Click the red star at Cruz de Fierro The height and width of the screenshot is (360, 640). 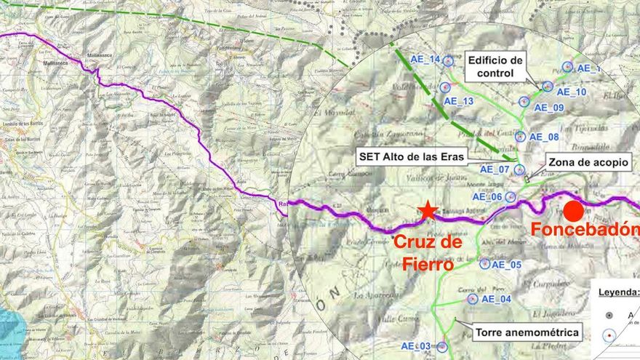click(x=428, y=211)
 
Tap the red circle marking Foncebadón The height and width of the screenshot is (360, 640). click(x=573, y=212)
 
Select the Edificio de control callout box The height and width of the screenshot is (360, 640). click(x=496, y=67)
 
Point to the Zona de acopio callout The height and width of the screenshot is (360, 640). click(x=589, y=162)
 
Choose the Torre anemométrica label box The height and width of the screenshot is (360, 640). click(x=527, y=333)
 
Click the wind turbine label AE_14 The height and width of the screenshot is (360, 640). click(x=425, y=60)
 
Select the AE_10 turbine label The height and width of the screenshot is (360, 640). click(x=572, y=92)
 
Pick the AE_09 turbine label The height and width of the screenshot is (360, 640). click(x=549, y=108)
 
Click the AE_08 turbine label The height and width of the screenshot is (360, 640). click(x=544, y=137)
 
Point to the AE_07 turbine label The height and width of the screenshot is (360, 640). click(x=495, y=169)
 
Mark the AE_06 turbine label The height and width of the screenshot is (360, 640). click(x=487, y=196)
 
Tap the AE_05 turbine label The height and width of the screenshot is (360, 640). click(x=507, y=265)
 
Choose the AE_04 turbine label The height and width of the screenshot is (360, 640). click(x=497, y=299)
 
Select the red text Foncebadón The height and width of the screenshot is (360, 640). click(x=585, y=231)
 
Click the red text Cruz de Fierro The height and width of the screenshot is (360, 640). click(x=428, y=252)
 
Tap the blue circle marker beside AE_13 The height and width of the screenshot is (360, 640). click(x=445, y=87)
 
